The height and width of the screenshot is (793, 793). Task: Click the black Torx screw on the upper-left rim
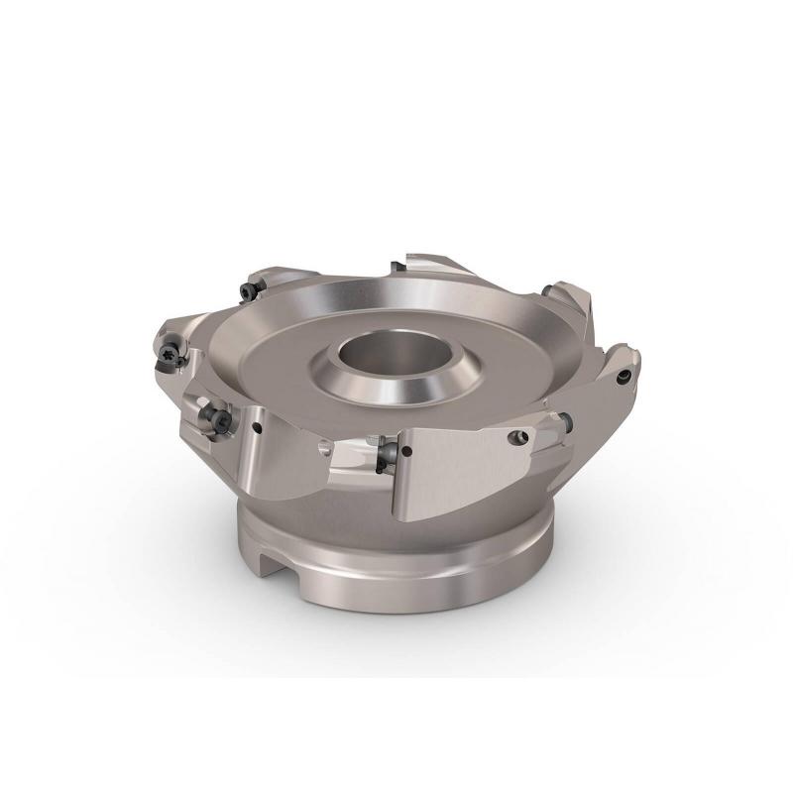247,290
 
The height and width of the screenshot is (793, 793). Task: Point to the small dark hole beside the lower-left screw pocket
256,428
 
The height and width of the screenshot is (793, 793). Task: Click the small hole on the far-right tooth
623,378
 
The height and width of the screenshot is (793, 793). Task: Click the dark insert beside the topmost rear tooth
396,265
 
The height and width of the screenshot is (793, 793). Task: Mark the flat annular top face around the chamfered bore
297,357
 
